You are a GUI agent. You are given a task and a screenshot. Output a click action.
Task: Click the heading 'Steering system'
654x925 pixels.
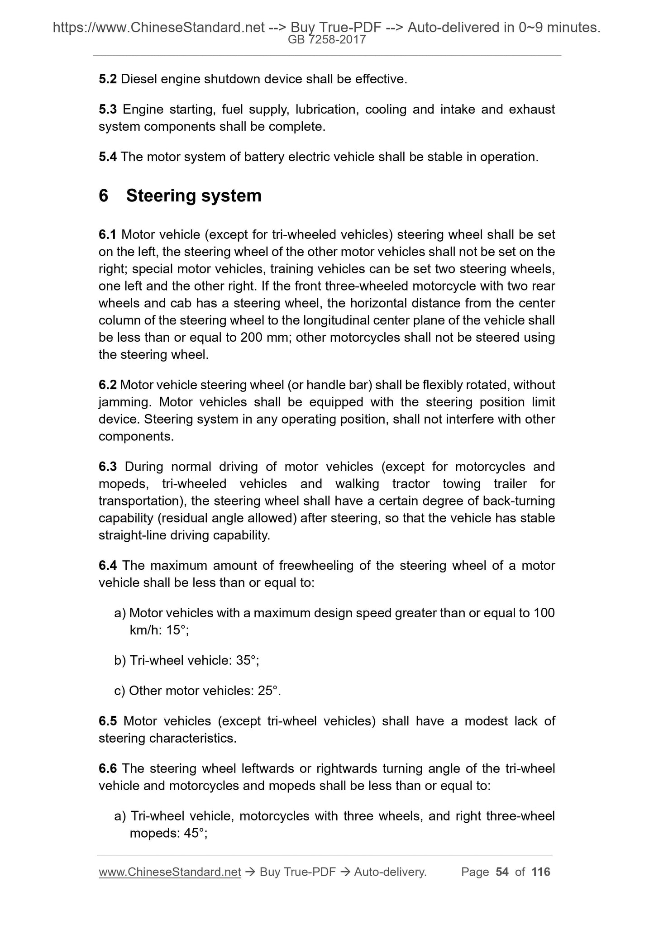[194, 196]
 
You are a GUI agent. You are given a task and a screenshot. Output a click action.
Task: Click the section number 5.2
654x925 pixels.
[108, 80]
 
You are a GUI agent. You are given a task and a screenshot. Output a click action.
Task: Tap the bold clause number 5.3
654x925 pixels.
[108, 110]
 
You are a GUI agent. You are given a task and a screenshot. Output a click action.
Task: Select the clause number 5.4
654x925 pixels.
[108, 157]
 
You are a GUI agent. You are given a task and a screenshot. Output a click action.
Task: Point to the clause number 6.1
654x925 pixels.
[108, 235]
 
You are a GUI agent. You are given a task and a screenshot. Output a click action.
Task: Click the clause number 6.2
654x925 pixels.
[108, 385]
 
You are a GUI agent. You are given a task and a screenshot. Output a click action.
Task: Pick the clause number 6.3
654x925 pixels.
[108, 467]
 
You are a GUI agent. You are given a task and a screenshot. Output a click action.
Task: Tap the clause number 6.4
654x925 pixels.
[108, 566]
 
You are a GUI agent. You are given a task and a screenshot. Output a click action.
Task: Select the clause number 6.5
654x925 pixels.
[108, 721]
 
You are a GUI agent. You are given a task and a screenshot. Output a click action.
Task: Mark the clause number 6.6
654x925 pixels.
[108, 768]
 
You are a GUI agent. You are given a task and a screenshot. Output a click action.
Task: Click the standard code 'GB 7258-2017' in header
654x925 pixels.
[327, 40]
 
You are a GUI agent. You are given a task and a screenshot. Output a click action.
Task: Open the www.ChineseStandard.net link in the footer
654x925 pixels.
[170, 872]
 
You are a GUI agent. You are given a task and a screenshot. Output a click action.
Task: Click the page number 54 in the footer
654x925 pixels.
[502, 872]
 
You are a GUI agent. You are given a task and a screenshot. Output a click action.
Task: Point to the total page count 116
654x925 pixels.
[541, 872]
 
